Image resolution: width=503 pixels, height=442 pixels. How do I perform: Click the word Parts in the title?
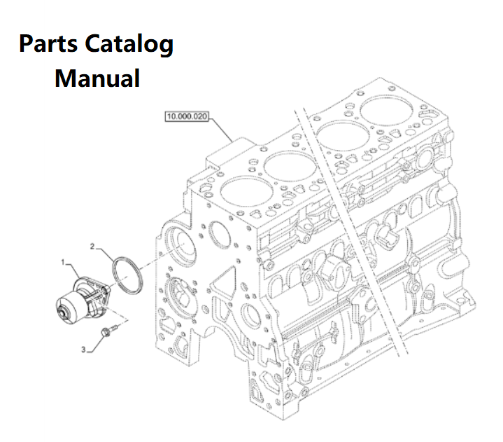48,45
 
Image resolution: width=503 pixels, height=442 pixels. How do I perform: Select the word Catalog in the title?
129,45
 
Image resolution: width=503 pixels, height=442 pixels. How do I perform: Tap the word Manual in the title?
97,77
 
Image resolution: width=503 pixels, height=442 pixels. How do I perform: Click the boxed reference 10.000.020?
187,117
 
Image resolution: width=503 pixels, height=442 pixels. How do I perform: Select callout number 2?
92,246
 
